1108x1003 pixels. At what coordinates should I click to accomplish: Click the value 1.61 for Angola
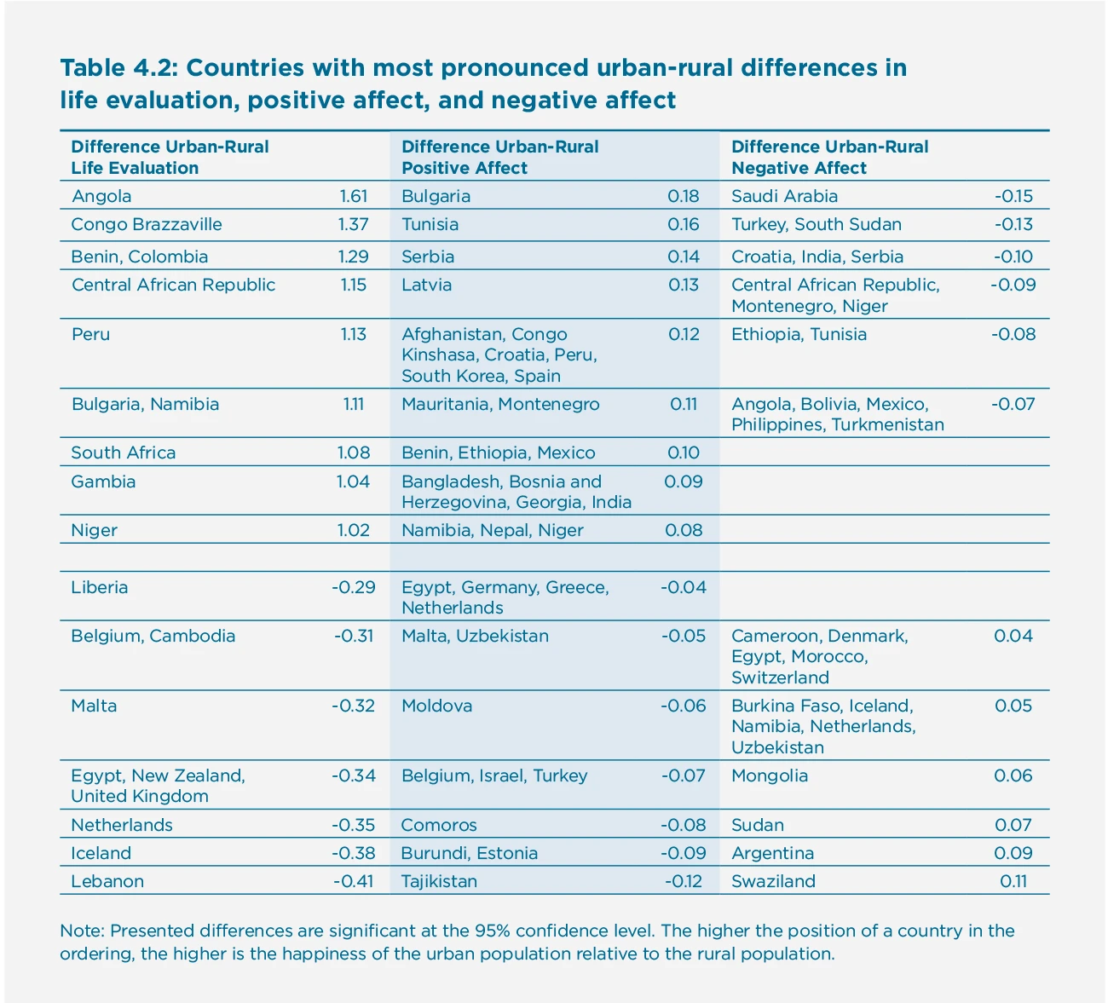[x=353, y=197]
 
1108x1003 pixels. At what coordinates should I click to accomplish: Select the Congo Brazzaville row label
[x=147, y=225]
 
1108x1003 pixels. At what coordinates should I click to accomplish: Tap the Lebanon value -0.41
[x=353, y=881]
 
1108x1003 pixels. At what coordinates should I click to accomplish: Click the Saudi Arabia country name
[x=784, y=197]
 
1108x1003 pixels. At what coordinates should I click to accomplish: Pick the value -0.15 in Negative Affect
[x=1013, y=197]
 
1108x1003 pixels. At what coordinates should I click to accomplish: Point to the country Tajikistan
[x=439, y=881]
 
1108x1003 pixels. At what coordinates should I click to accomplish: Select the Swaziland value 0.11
[x=1013, y=881]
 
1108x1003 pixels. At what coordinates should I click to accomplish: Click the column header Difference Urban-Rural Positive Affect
[x=499, y=158]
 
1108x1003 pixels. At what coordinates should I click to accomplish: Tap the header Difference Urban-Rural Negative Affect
[x=829, y=158]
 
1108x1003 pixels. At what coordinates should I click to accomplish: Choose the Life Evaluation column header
[x=170, y=158]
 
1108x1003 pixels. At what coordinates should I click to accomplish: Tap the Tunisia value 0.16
[x=684, y=225]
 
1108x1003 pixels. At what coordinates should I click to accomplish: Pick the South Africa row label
[x=124, y=453]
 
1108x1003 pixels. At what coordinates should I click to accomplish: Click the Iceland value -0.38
[x=353, y=853]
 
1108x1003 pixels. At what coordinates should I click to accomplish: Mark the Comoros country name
[x=439, y=825]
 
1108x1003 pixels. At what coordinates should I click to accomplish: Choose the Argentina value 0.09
[x=1013, y=853]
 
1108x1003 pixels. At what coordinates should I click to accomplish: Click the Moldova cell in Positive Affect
[x=436, y=706]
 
